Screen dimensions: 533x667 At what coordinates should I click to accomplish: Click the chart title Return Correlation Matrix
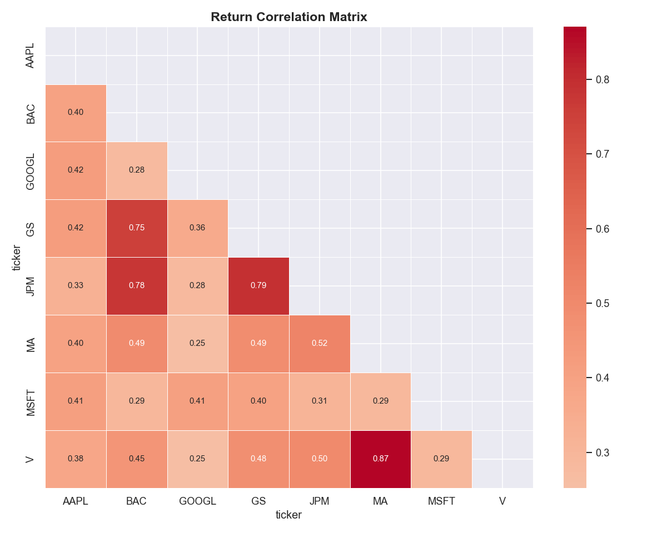pos(289,17)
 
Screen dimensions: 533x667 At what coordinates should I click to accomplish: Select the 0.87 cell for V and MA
pos(381,459)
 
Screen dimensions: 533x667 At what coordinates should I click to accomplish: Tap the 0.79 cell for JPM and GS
pos(258,286)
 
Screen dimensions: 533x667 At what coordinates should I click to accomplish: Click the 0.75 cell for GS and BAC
pos(137,228)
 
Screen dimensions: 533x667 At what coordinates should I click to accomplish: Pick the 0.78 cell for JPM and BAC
pos(137,286)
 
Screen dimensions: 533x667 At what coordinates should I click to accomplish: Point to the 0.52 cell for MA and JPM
pos(320,344)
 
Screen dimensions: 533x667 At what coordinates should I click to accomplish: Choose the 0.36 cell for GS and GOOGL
pos(197,228)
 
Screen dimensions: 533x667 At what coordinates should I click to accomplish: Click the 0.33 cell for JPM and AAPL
pos(76,286)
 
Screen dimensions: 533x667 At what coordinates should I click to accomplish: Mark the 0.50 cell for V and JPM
pos(320,459)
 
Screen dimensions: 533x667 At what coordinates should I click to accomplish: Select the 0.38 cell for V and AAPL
pos(76,459)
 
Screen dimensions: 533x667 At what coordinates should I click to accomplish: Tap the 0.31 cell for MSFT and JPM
pos(320,401)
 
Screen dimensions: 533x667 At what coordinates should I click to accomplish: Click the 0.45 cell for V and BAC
pos(137,459)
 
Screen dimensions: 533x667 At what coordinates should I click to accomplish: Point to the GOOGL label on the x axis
pos(197,501)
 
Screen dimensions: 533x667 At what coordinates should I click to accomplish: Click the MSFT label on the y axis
pos(31,401)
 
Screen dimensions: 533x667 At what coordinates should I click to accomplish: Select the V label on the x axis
pos(502,501)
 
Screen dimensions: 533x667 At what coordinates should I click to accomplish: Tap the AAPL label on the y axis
pos(31,56)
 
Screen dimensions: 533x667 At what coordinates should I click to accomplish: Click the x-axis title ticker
pos(289,515)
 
